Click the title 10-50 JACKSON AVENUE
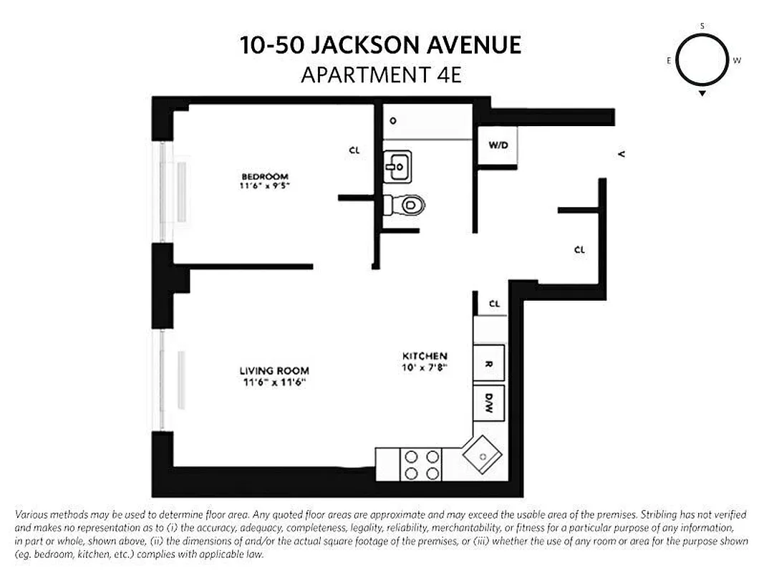pos(381,47)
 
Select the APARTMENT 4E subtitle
pos(381,74)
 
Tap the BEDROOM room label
pos(264,177)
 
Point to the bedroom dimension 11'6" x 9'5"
pos(264,186)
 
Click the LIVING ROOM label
pos(274,371)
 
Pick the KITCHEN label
pos(424,356)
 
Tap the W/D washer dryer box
pos(498,145)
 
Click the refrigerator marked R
pos(490,364)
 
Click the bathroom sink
pos(396,167)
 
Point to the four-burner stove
pos(422,464)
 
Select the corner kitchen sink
pos(482,454)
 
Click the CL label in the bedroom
pos(354,151)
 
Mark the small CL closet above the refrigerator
pos(494,304)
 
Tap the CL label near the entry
pos(579,250)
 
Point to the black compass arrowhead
pos(702,94)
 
